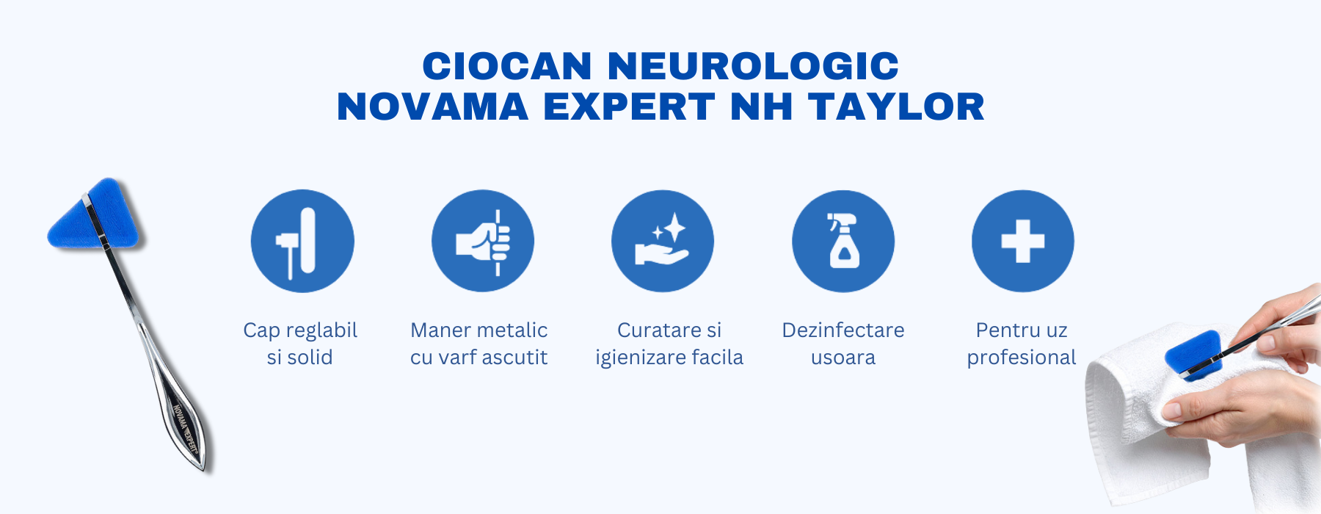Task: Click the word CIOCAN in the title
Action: click(x=507, y=66)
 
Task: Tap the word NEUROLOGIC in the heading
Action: click(x=753, y=66)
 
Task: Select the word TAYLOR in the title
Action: click(x=896, y=106)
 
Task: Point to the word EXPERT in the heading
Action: click(x=629, y=106)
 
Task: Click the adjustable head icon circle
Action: click(x=302, y=241)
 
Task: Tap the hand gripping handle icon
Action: click(x=483, y=241)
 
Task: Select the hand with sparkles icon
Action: click(x=663, y=241)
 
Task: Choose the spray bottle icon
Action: click(x=843, y=241)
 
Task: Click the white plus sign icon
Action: click(x=1023, y=241)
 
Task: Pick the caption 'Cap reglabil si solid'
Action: click(x=300, y=344)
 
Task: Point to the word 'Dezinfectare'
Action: click(x=843, y=330)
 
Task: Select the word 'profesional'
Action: click(x=1022, y=358)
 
